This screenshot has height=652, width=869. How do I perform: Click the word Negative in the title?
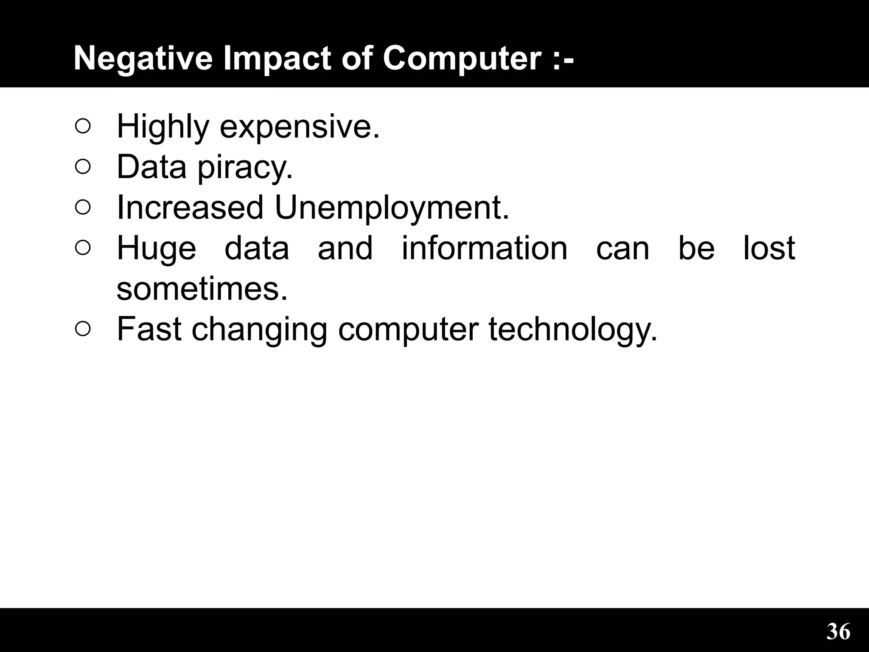143,58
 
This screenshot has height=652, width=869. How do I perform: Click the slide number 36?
838,632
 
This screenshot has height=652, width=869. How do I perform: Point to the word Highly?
163,126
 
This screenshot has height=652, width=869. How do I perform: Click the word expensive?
300,126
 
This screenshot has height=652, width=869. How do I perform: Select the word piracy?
245,167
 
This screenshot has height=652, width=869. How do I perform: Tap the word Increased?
190,208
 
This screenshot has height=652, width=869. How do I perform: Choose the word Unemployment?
392,208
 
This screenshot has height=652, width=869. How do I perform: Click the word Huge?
157,248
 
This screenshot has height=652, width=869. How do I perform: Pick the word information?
484,248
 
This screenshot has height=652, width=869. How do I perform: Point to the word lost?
769,248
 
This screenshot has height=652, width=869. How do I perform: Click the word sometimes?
202,289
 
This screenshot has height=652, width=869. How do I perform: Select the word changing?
259,330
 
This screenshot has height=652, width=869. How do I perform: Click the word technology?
573,330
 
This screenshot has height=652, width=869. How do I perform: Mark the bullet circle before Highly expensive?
83,126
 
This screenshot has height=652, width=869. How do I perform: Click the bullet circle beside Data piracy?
83,167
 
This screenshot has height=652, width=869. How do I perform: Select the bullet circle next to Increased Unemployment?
83,207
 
